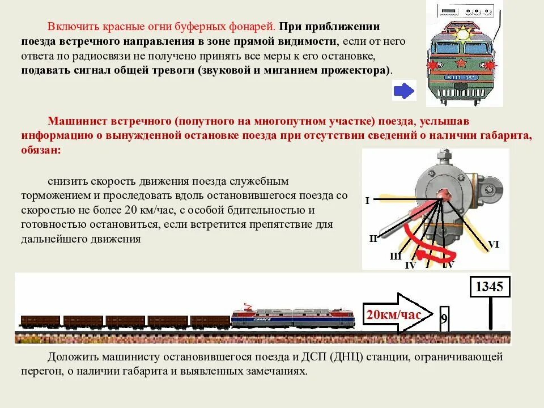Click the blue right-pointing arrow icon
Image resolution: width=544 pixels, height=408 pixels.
(404, 91)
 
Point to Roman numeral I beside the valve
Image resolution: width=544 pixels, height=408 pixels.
(367, 201)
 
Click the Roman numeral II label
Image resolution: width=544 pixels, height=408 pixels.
(373, 239)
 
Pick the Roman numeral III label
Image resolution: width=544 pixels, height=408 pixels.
(396, 256)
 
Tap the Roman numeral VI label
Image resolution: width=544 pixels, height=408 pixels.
(494, 244)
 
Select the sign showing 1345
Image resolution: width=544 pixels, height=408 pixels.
(490, 287)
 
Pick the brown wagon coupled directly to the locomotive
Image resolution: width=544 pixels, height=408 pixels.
(210, 321)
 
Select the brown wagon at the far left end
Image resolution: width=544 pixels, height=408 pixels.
(40, 321)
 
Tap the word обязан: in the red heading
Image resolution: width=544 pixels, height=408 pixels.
(40, 150)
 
